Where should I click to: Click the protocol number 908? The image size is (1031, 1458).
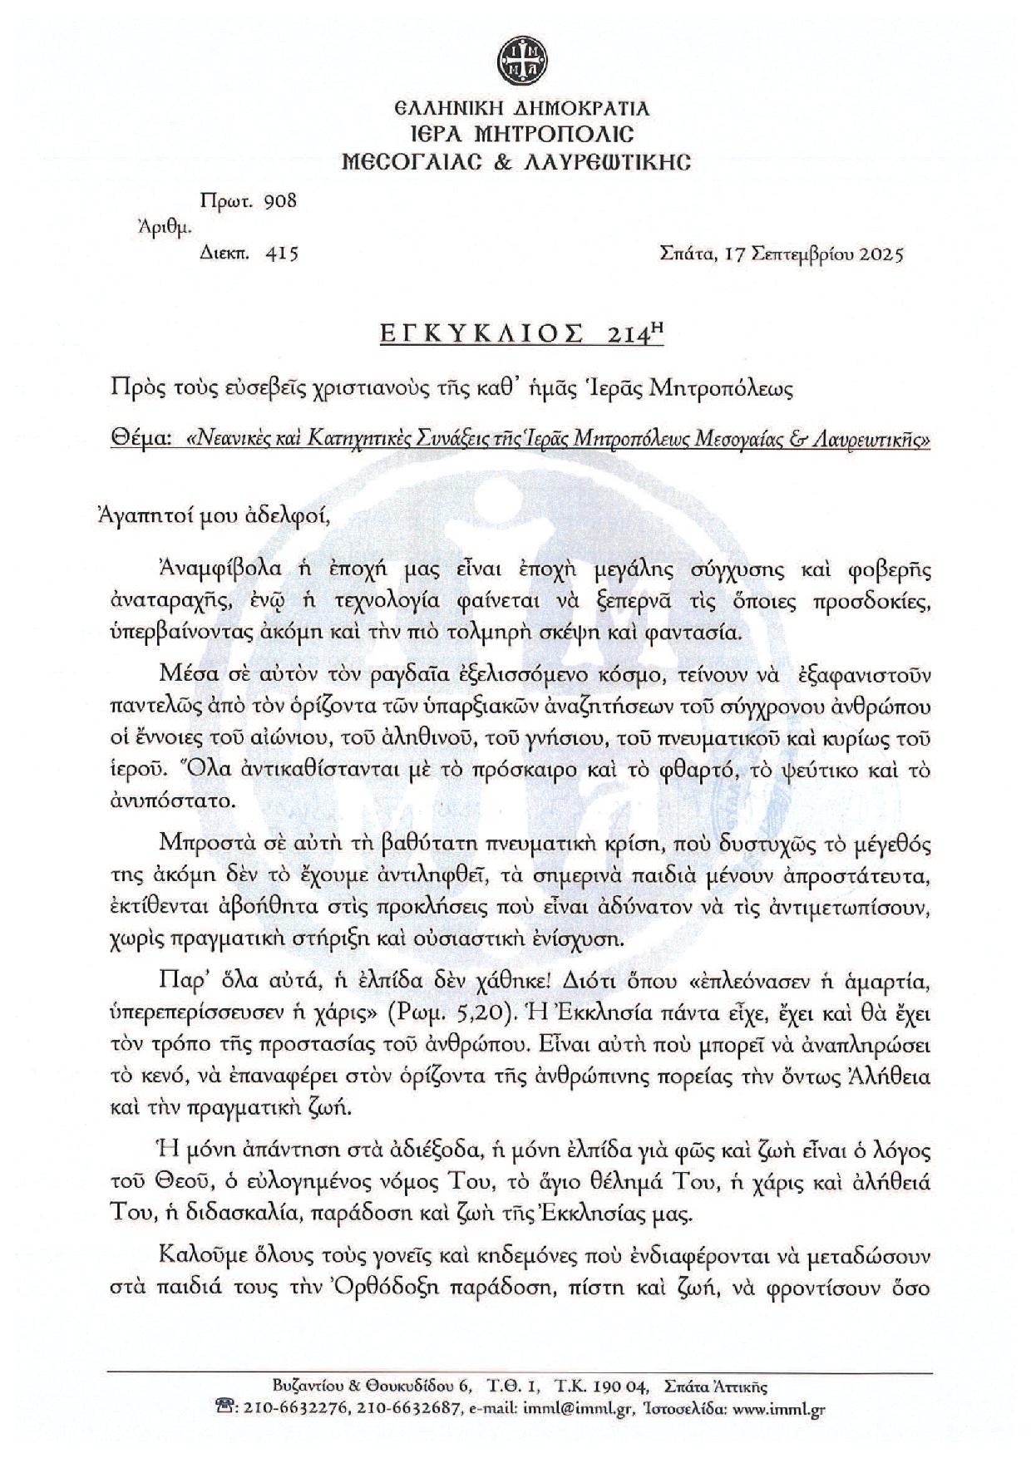[x=279, y=201]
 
